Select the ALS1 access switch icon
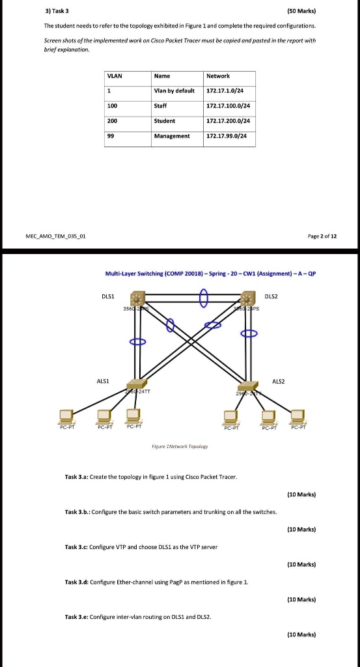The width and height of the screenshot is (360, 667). [x=137, y=384]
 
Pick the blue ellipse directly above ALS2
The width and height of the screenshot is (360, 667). [x=249, y=333]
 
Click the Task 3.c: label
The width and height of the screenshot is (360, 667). [x=78, y=545]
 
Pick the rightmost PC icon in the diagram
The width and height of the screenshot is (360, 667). [x=299, y=415]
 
